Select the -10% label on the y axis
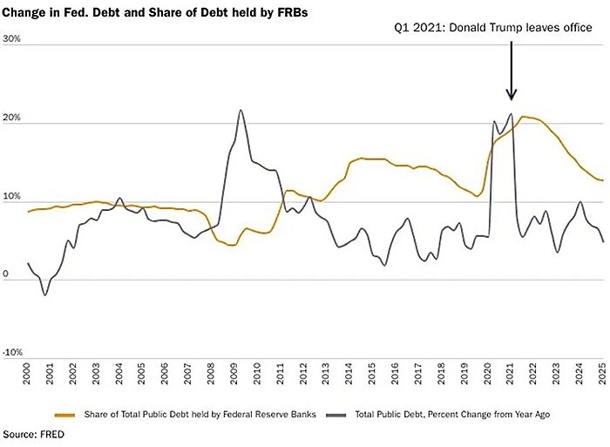point(13,352)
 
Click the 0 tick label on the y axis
point(7,275)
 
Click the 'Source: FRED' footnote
point(32,433)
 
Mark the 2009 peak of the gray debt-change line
point(240,110)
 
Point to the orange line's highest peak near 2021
point(523,116)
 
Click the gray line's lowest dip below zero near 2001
point(45,295)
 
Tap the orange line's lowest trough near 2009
point(231,245)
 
